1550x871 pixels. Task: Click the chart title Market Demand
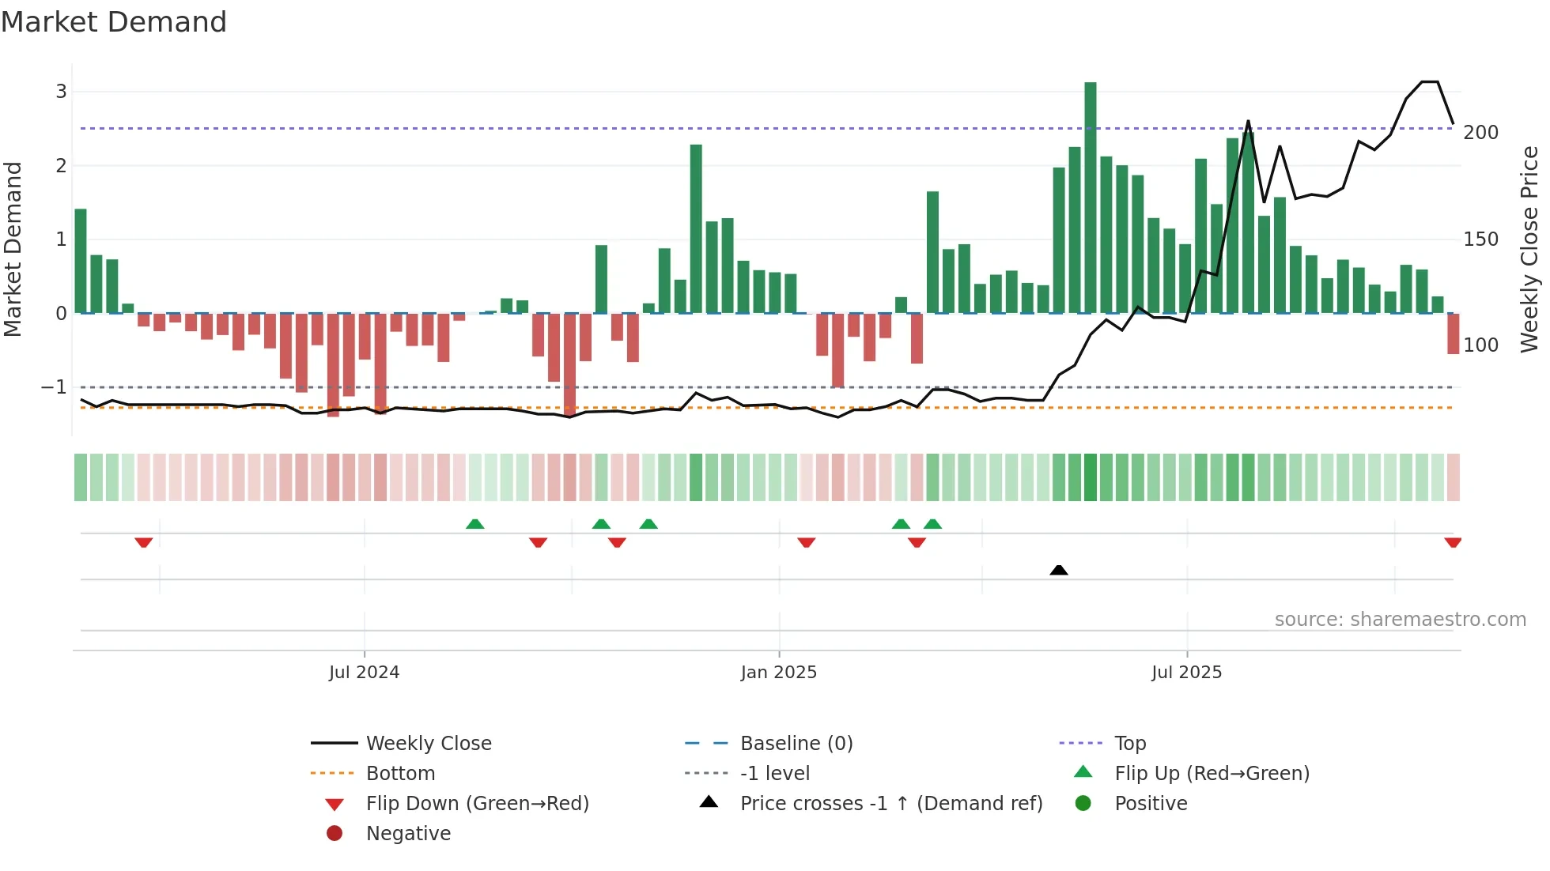point(114,22)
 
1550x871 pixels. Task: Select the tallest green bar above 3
point(1090,198)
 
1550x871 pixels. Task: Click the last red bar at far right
point(1453,334)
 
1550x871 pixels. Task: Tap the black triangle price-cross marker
point(1058,570)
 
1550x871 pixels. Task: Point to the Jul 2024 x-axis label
point(364,673)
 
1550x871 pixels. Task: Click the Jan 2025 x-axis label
point(778,673)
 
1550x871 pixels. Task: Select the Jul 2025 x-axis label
point(1186,673)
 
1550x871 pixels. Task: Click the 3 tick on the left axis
point(61,92)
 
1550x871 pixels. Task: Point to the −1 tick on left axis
point(54,387)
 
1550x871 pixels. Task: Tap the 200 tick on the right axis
point(1480,133)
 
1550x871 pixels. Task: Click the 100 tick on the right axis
point(1480,345)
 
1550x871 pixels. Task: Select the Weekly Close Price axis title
point(1529,249)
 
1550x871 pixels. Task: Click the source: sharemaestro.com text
point(1400,620)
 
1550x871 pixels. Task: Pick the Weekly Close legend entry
point(428,744)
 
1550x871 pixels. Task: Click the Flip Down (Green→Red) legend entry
point(477,804)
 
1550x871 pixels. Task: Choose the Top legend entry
point(1129,744)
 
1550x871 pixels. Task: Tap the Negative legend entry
point(408,834)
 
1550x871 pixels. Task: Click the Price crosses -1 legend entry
point(890,804)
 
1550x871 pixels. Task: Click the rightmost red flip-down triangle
point(1453,542)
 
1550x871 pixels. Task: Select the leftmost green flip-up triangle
point(474,524)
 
